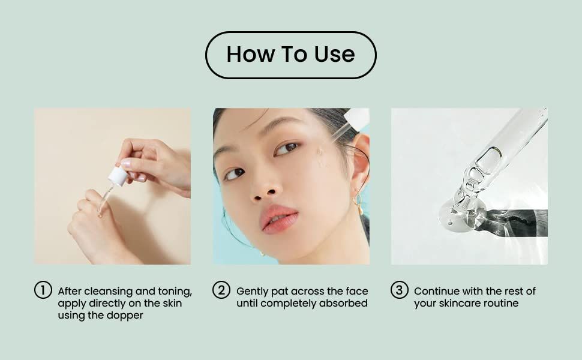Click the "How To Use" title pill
tap(290, 55)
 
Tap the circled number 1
tap(43, 290)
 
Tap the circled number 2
tap(221, 290)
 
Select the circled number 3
tap(400, 290)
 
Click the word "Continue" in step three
tap(436, 291)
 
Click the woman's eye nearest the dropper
tap(287, 148)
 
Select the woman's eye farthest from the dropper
tap(235, 174)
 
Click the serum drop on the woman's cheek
tap(321, 157)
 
